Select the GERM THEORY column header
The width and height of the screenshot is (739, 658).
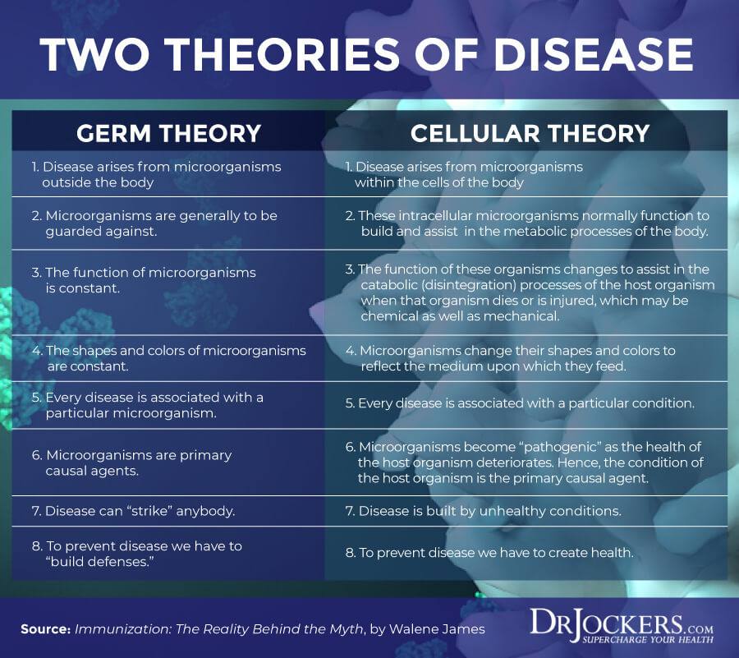pyautogui.click(x=168, y=133)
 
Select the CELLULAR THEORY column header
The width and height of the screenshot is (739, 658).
pyautogui.click(x=530, y=133)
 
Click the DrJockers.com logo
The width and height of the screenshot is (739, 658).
pyautogui.click(x=622, y=625)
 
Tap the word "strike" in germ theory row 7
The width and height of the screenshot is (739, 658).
pyautogui.click(x=149, y=511)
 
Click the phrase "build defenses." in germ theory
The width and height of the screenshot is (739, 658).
pyautogui.click(x=100, y=562)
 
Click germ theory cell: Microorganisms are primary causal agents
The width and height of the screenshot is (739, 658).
pyautogui.click(x=132, y=462)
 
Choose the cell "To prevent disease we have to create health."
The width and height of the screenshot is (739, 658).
pyautogui.click(x=489, y=552)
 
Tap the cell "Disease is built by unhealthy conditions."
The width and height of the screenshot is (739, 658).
pyautogui.click(x=483, y=511)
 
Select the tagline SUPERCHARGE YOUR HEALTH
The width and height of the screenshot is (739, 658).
pyautogui.click(x=648, y=640)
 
